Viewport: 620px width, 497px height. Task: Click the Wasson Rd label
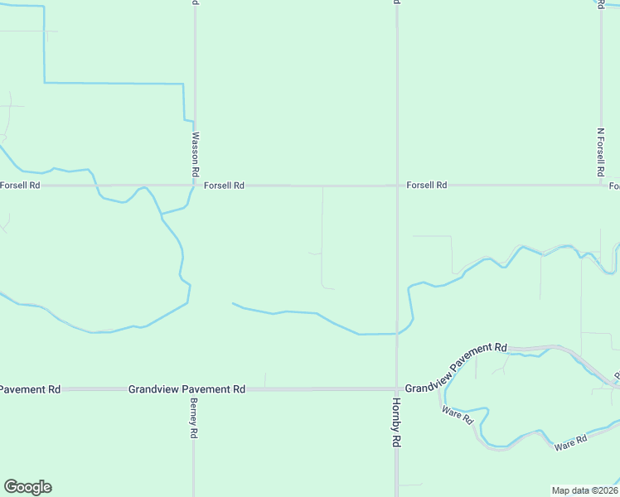pos(196,154)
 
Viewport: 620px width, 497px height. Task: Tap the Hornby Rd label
pos(396,423)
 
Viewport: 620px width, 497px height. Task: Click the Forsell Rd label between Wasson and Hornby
pos(224,186)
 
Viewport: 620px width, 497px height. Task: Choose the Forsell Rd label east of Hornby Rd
pos(427,186)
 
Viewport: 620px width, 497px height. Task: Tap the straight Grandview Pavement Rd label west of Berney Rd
pos(187,388)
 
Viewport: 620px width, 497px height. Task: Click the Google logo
pos(27,487)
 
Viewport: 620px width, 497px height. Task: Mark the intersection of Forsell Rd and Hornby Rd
pos(397,186)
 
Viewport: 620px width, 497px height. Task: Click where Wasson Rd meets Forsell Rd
pos(195,186)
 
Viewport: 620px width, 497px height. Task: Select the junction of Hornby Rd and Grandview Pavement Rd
pos(397,388)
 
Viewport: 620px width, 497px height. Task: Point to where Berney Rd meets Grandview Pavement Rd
pos(194,388)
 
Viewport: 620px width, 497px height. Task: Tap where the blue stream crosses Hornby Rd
pos(397,333)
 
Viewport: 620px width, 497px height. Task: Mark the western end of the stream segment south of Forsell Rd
pos(233,304)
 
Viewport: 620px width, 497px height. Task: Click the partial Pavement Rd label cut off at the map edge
pos(31,388)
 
